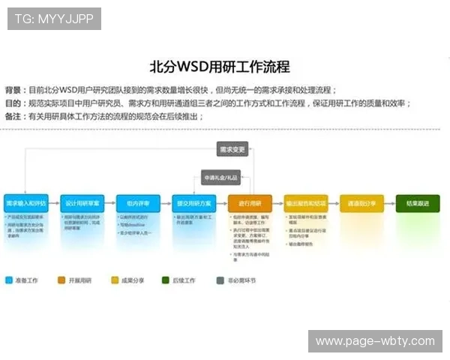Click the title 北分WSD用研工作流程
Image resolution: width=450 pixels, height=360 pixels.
(220, 67)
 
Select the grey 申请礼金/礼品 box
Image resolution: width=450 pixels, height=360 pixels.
(220, 178)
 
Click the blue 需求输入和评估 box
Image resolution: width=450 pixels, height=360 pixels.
(26, 203)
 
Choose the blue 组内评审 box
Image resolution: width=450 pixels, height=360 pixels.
(138, 203)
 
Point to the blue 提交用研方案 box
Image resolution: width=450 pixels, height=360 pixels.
(194, 203)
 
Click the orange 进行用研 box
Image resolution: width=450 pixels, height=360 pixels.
(250, 203)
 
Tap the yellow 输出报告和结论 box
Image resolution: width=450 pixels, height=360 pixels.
(305, 203)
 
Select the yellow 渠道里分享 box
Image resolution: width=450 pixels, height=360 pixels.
(361, 203)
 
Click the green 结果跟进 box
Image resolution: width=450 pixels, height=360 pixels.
(417, 203)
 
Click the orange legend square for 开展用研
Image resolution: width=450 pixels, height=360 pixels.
(61, 280)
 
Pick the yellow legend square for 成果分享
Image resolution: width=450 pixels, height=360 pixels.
(115, 280)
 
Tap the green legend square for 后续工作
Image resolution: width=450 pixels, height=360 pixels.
(166, 280)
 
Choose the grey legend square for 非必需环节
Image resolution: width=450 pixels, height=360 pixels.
(220, 280)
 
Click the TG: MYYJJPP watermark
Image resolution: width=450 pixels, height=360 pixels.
(54, 19)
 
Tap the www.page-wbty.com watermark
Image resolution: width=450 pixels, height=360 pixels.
(374, 341)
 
